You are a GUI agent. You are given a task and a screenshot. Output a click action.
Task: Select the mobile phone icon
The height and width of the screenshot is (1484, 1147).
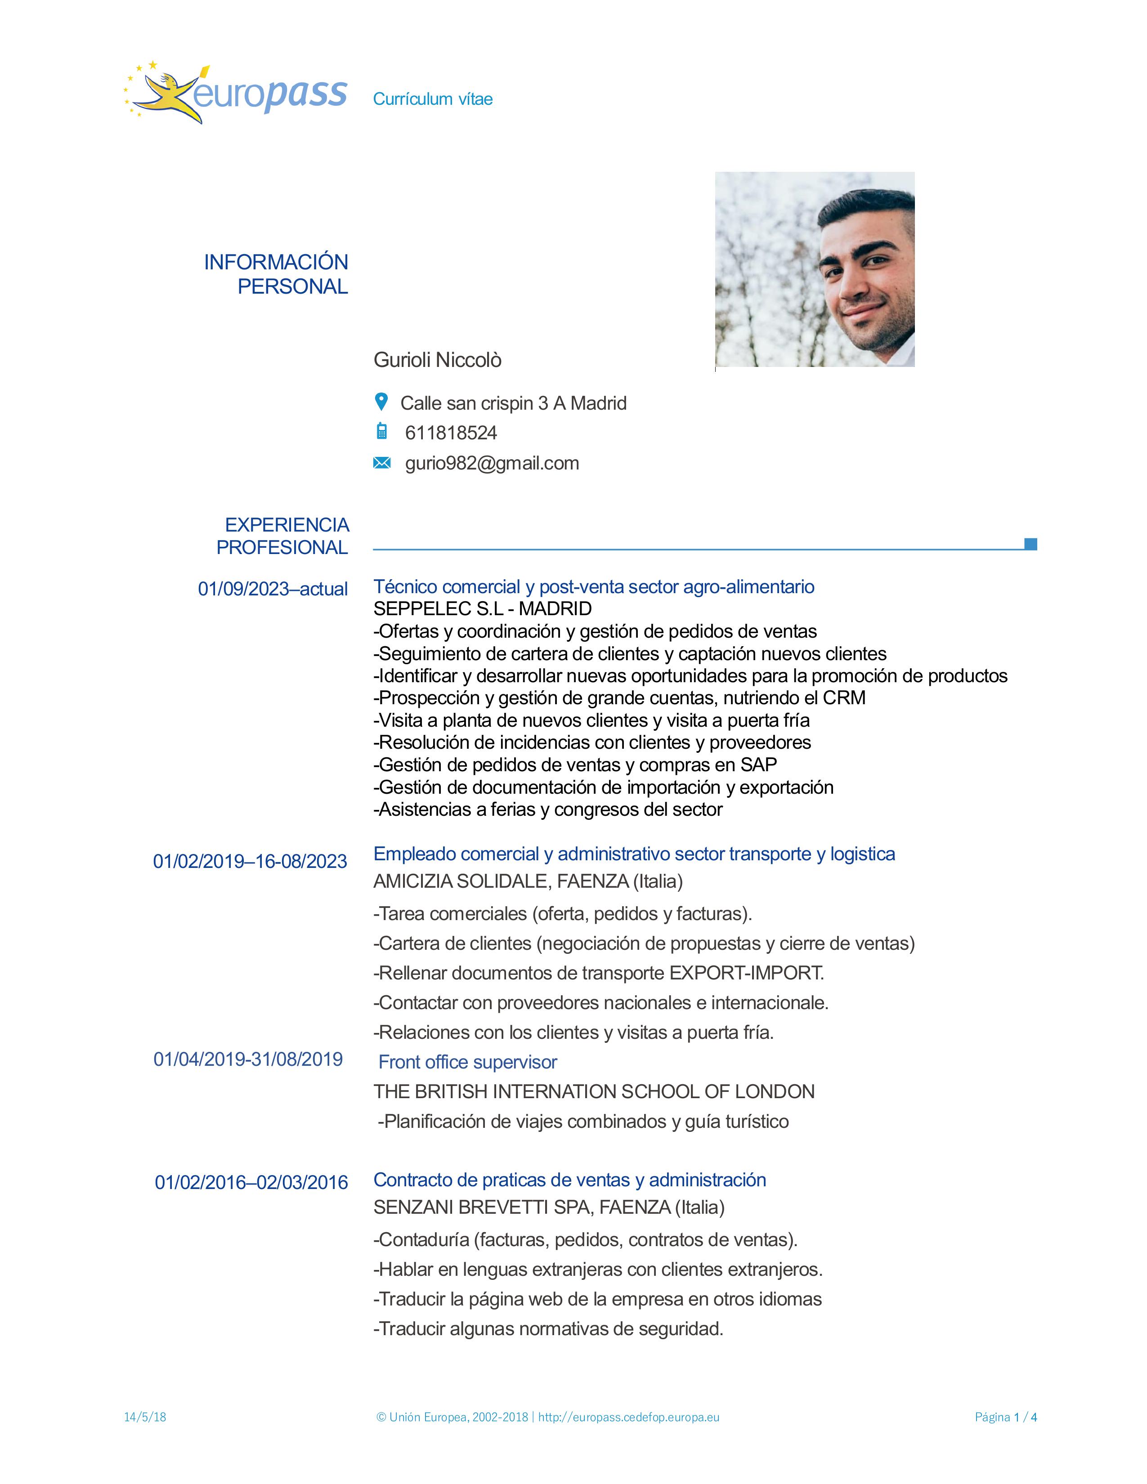point(382,431)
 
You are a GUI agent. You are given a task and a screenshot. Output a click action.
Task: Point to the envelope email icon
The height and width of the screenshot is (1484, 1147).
point(382,463)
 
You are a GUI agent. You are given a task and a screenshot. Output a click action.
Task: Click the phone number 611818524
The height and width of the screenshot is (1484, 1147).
point(451,433)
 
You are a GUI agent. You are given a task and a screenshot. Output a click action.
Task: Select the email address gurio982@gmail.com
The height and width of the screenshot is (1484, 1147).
point(492,463)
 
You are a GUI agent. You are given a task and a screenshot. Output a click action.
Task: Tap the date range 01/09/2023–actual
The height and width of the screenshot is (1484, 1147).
point(273,589)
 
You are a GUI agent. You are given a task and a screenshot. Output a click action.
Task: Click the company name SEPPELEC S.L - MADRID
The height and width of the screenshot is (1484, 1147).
point(483,609)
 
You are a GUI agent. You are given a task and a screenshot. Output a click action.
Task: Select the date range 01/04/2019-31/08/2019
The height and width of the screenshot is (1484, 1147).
point(248,1059)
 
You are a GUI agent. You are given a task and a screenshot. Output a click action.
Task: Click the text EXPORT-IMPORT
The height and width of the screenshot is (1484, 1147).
point(746,973)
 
